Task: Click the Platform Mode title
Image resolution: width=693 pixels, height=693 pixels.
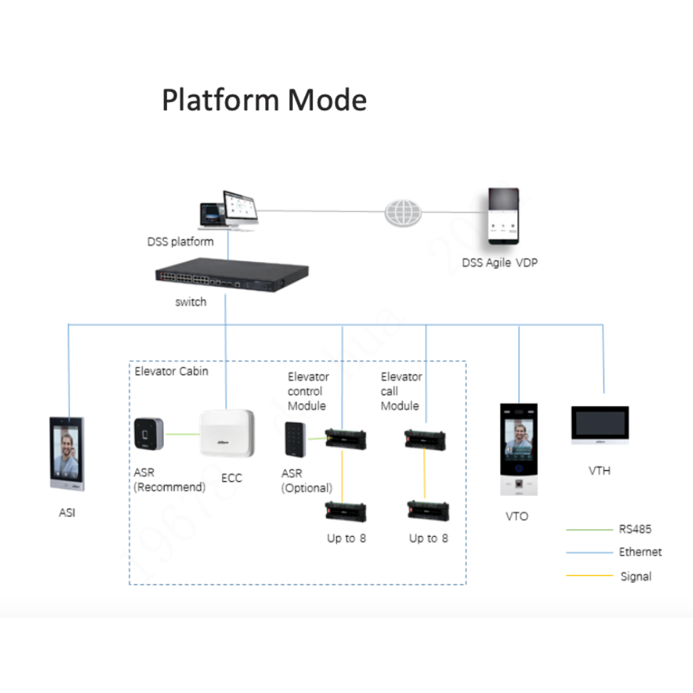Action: pos(264,100)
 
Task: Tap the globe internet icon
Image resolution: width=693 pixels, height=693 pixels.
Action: pos(403,213)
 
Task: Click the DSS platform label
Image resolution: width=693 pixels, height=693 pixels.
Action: pos(180,242)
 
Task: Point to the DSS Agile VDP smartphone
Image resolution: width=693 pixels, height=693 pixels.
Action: pos(504,217)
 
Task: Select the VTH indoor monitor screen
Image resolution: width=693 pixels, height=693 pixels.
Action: pos(600,425)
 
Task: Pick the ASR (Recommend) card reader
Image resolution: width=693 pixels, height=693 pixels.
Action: pos(148,434)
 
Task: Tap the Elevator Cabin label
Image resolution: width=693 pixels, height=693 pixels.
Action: pos(171,372)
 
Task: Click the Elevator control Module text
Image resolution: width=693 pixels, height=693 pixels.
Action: pos(308,391)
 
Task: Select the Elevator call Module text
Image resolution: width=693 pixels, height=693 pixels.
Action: pos(401,391)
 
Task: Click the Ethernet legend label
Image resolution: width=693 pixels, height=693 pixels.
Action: pos(640,552)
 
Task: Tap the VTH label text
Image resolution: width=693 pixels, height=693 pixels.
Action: pos(600,470)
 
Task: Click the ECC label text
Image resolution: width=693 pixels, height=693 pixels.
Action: pos(231,478)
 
